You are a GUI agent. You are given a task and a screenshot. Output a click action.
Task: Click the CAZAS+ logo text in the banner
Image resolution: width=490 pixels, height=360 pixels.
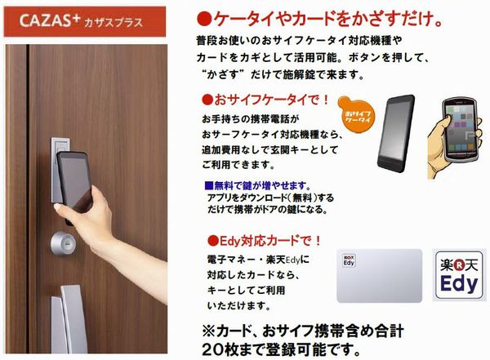coord(49,20)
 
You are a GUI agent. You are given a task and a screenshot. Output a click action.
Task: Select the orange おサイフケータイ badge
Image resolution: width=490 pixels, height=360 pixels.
coord(357,113)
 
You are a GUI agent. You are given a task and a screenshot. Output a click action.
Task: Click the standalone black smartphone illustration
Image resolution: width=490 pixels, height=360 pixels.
coord(396,133)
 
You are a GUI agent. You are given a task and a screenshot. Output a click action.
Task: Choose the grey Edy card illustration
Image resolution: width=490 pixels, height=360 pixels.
coord(380,276)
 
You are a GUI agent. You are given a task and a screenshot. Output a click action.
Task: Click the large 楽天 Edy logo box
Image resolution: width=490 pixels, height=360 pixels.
coord(459,275)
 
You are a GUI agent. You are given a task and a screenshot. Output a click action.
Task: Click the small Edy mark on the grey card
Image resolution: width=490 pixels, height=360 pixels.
coord(349,260)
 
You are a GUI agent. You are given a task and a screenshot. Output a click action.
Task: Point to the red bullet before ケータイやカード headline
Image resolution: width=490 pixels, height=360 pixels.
coord(204,19)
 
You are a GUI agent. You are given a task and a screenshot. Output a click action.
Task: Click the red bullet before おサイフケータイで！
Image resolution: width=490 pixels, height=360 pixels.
coord(207,100)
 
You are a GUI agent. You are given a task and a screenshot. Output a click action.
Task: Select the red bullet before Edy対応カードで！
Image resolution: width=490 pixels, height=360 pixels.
coord(213,241)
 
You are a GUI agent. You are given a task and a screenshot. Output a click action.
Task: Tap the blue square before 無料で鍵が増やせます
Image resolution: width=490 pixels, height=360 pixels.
coord(209,186)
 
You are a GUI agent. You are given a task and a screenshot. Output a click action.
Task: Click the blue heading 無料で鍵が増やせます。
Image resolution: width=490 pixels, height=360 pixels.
coord(263,186)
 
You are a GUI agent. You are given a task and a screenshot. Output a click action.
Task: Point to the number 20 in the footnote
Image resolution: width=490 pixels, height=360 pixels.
coord(213,350)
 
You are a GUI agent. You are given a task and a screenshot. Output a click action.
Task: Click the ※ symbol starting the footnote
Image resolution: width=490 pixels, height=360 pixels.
coord(208,331)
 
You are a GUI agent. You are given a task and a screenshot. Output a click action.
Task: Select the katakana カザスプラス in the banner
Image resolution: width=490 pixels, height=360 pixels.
coord(114,23)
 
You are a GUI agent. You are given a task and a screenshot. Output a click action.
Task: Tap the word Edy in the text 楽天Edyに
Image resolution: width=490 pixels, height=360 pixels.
coord(293,260)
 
